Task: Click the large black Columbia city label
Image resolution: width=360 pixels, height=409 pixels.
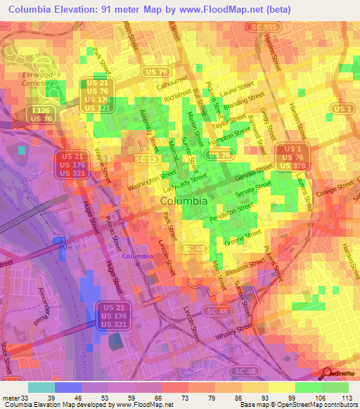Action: coord(184,200)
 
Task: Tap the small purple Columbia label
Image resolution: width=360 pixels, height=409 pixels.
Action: coord(137,257)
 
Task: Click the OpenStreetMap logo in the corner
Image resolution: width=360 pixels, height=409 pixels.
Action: coord(340,373)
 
